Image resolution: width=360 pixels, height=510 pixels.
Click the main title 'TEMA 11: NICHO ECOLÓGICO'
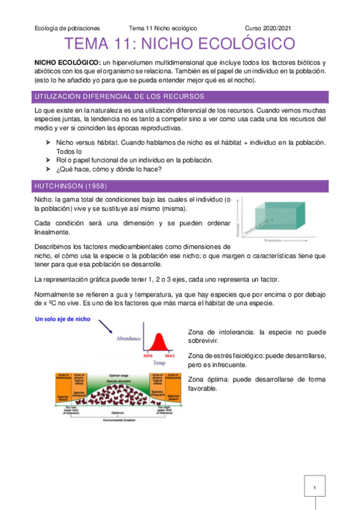tap(180, 45)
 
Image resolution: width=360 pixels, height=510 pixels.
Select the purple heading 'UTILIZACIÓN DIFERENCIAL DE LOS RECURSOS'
tap(120, 96)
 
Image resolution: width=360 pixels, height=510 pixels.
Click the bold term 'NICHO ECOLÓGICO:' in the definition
tap(67, 63)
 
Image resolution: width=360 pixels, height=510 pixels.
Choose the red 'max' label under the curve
tap(170, 355)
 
